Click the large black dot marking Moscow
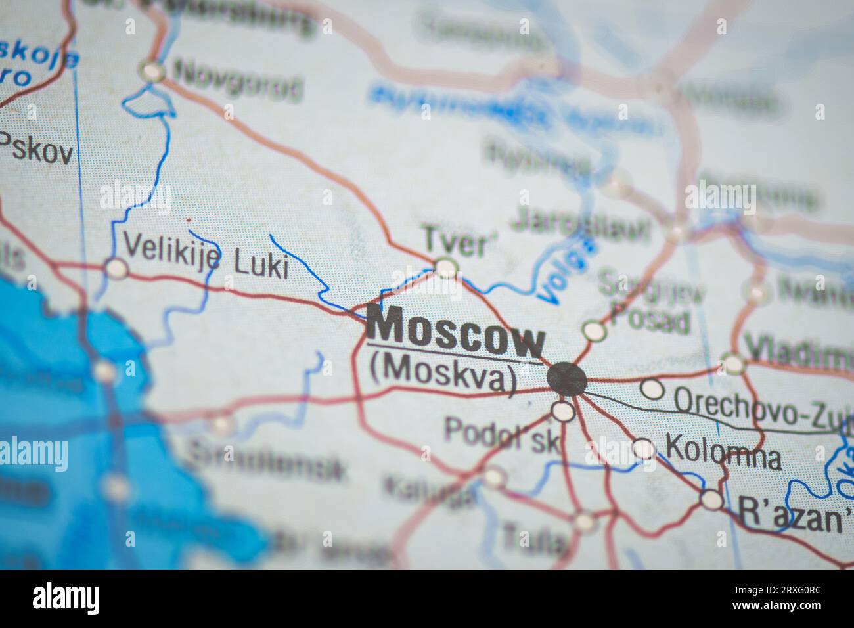point(567,379)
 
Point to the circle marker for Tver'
point(446,267)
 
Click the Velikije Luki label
point(206,256)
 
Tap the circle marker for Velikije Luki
point(116,268)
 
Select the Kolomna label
point(723,455)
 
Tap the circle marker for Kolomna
point(644,449)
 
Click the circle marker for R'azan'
point(711,500)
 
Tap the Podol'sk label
point(503,434)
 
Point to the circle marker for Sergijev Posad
point(594,330)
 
